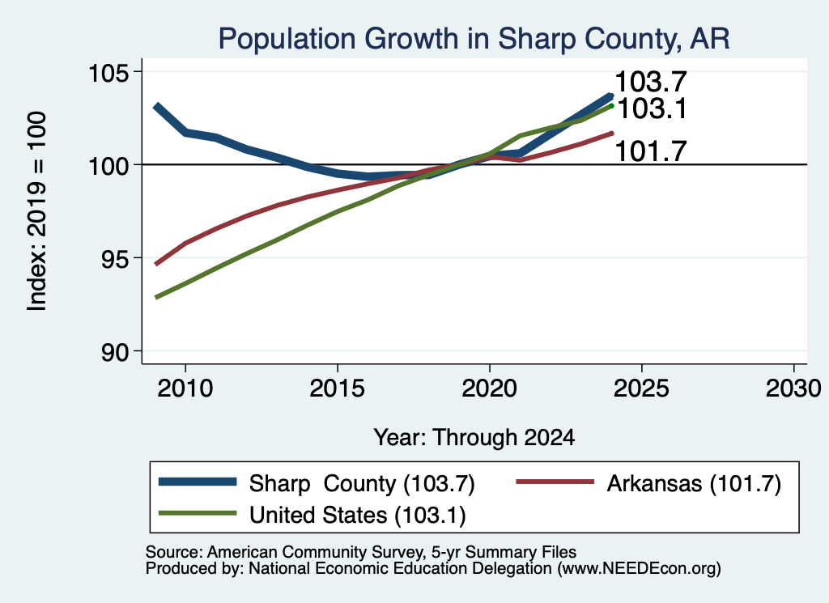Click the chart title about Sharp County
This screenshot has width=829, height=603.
coord(474,39)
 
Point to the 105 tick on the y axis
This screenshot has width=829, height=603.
coord(109,72)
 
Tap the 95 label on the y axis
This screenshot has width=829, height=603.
coord(115,258)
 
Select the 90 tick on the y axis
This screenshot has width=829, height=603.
coord(115,351)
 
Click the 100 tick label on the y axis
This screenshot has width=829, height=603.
coord(109,165)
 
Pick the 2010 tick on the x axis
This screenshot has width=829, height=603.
coord(185,389)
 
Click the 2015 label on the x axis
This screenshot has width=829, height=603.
coord(338,389)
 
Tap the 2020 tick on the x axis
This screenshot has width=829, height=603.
coord(490,389)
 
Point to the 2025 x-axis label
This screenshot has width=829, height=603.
coord(641,389)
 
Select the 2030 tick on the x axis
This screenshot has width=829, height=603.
coord(793,389)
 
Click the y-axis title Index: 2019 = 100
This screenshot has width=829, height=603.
coord(37,211)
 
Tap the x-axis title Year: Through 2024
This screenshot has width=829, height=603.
coord(474,438)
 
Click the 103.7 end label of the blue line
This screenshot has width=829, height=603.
coord(651,82)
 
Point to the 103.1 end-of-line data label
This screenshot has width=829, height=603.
coord(652,109)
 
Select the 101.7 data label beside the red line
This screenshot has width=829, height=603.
coord(651,151)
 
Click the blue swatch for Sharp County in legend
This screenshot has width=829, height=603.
coord(198,482)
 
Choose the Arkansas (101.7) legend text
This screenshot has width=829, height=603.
coord(694,483)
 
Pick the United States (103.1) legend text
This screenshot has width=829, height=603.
coord(358,516)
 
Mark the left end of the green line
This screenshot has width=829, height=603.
coord(156,298)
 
